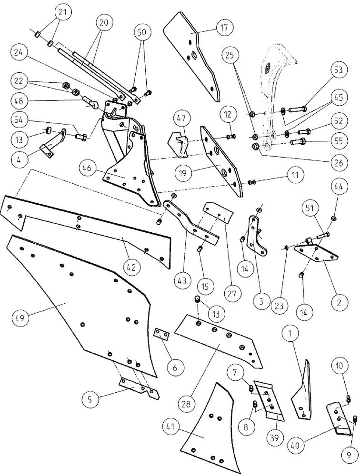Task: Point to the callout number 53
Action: coord(338,70)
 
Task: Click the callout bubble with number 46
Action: coord(87,169)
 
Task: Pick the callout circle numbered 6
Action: coord(175,368)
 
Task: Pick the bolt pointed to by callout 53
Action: coord(297,108)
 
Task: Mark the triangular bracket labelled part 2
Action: coord(316,249)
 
